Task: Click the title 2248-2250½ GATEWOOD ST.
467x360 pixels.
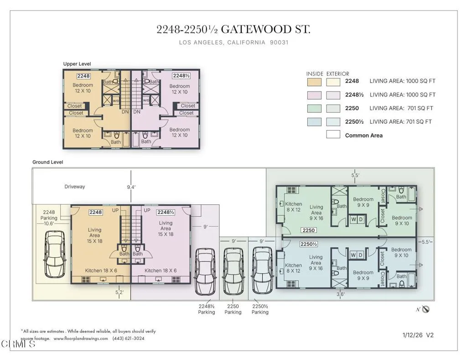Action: coord(233,30)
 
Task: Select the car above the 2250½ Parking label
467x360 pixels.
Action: coord(262,271)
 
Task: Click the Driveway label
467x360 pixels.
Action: coord(74,187)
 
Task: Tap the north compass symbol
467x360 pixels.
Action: coord(426,309)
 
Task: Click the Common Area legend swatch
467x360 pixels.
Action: coord(333,135)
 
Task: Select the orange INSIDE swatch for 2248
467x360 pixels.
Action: coord(314,82)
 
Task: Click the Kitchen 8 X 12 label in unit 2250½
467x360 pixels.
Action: coord(293,268)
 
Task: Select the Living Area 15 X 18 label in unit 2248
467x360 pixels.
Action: coord(95,235)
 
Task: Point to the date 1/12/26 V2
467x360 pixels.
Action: coord(418,335)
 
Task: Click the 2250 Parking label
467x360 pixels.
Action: coord(233,309)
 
